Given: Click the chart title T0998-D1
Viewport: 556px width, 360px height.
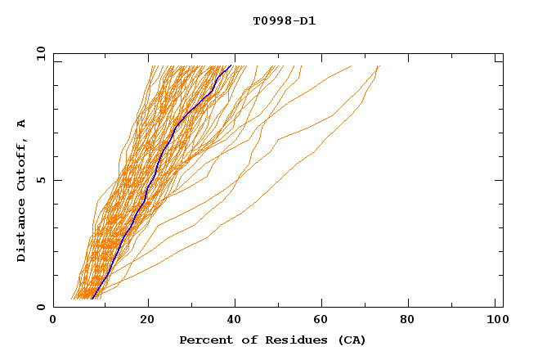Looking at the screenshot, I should pyautogui.click(x=284, y=21).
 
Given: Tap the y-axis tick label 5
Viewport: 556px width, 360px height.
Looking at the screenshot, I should pyautogui.click(x=41, y=180).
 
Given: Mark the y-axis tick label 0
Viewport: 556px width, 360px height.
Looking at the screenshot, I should pyautogui.click(x=41, y=307).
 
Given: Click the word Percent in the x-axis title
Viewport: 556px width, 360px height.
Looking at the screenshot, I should pyautogui.click(x=203, y=340).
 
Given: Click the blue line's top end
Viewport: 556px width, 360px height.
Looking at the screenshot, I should pyautogui.click(x=231, y=65).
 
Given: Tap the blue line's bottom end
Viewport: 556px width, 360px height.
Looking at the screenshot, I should pyautogui.click(x=92, y=298).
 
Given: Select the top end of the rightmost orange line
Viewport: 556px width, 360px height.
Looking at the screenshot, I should pyautogui.click(x=379, y=65).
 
